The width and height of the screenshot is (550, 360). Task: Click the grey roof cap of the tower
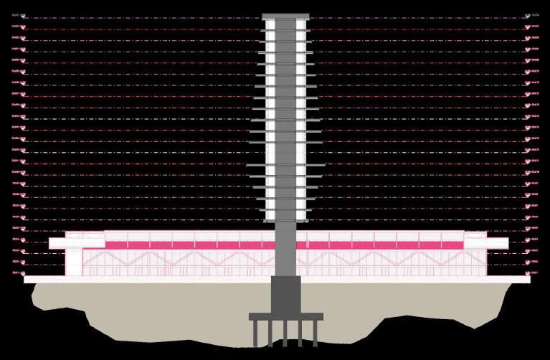pyautogui.click(x=285, y=16)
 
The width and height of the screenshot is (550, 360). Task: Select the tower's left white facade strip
pyautogui.click(x=270, y=122)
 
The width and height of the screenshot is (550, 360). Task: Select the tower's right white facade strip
pyautogui.click(x=301, y=122)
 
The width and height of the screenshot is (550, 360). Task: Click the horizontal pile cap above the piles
pyautogui.click(x=285, y=316)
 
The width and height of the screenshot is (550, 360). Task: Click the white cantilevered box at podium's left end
pyautogui.click(x=57, y=243)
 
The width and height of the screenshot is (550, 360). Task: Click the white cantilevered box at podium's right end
pyautogui.click(x=495, y=243)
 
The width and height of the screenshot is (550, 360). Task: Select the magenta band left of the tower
pyautogui.click(x=172, y=245)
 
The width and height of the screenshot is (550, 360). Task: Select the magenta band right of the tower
pyautogui.click(x=380, y=245)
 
